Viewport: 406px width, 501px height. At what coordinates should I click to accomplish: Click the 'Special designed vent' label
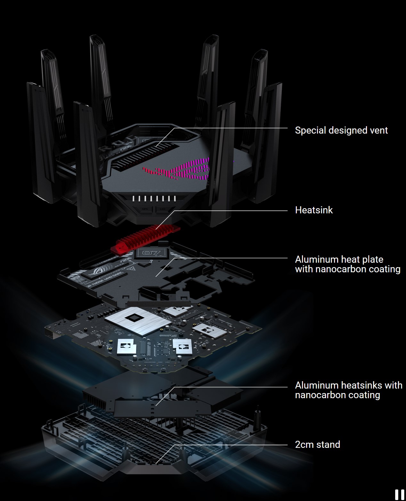[x=341, y=130]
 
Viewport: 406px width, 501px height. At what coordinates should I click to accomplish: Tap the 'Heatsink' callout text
[x=314, y=210]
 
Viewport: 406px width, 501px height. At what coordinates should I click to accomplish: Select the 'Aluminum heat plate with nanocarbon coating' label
[x=347, y=264]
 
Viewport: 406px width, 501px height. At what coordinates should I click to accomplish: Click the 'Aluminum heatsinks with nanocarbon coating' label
[x=348, y=390]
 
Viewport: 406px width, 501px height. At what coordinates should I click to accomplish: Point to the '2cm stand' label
[x=317, y=444]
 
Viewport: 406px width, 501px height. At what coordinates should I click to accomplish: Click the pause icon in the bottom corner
[x=399, y=495]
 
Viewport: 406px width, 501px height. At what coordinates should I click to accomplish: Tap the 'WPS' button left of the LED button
[x=144, y=209]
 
